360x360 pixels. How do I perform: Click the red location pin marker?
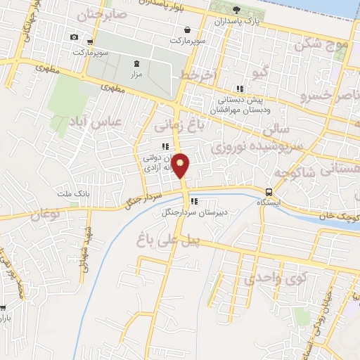[181, 165]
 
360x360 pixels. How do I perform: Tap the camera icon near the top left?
[74, 37]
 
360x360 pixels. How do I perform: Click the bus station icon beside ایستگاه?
[269, 192]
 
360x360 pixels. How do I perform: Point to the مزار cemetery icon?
[136, 63]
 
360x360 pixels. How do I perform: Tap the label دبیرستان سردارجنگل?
[189, 212]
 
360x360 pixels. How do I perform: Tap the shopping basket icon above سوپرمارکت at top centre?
[188, 30]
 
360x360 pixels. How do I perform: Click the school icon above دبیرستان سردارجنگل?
[193, 202]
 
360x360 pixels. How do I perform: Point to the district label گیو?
[259, 72]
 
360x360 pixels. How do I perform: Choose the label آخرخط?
[195, 75]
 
